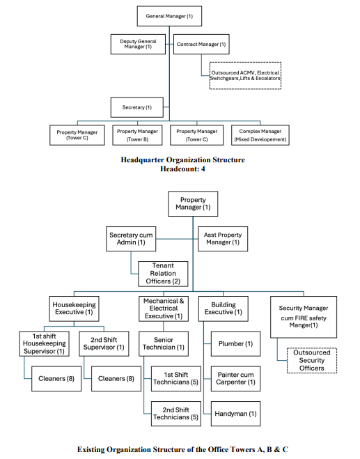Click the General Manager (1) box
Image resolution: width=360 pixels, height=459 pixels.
coord(169,16)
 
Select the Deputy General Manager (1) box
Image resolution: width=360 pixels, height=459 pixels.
coord(138,44)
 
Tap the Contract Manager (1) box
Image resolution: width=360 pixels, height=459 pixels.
coord(201,44)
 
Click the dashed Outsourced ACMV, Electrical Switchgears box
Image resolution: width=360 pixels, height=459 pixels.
coord(245,75)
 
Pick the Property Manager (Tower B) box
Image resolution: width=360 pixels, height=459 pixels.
coord(137,135)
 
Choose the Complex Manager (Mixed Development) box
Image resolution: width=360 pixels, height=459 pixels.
coord(260,135)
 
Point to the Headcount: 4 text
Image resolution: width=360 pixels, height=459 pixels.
coord(182,169)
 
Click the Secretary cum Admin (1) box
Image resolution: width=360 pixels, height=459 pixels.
coord(131,239)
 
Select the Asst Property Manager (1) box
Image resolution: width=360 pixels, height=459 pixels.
coord(223,239)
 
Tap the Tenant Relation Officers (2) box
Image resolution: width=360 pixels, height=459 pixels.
coord(163,274)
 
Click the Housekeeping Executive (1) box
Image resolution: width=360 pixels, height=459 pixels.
coord(74,309)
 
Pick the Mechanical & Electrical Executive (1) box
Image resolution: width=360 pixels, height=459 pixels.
coord(164,309)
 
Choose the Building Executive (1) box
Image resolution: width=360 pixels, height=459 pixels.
coord(224,309)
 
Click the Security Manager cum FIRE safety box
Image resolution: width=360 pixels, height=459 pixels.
coord(304,317)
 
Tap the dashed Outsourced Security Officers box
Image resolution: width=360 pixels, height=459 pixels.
coord(312,360)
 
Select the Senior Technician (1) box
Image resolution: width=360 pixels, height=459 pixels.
coord(164,343)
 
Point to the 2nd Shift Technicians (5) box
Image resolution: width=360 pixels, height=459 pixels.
coord(176,414)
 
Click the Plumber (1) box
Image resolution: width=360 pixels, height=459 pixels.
coord(235,343)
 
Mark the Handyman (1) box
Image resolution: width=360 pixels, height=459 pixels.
coord(235,414)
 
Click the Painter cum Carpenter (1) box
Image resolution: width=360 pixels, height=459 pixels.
coord(235,378)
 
